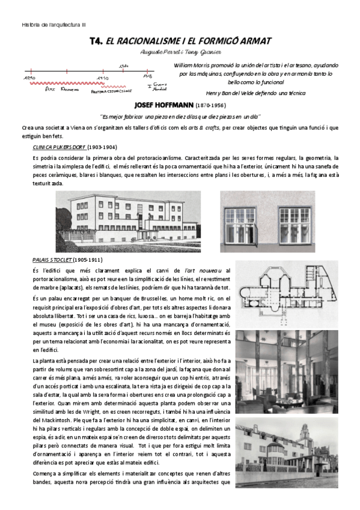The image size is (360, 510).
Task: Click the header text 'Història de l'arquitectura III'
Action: (x=53, y=25)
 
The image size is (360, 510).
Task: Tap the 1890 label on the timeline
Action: (x=29, y=78)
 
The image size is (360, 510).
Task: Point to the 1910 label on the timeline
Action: (x=103, y=78)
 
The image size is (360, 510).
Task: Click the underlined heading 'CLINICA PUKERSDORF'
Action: (x=59, y=147)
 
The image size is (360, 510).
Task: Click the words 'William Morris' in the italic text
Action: (x=190, y=64)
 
